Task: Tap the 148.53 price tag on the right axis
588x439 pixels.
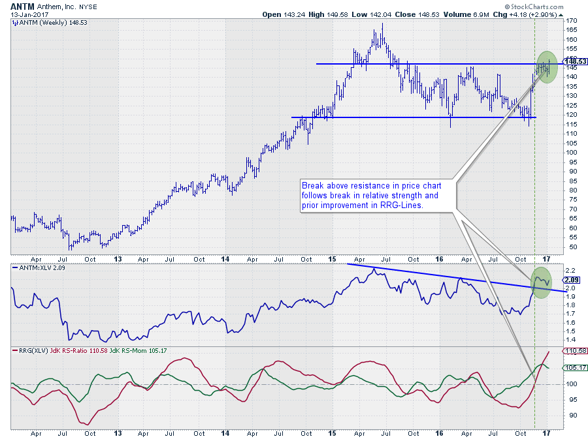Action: (x=576, y=61)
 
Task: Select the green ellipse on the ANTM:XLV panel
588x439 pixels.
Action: (x=541, y=283)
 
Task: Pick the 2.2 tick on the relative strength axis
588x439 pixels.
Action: (x=570, y=270)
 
